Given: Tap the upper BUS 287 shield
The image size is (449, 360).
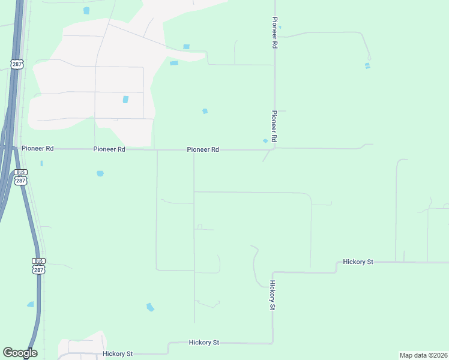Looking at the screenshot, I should pos(21,176).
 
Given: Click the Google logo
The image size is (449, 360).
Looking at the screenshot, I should pos(20,352).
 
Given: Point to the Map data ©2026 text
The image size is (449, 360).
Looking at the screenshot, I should pos(423,355).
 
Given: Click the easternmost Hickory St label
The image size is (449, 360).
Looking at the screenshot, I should pos(358,262).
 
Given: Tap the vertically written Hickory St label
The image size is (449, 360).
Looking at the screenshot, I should pos(273,295).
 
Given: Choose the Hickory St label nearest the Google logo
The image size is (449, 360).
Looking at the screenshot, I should pos(118,354).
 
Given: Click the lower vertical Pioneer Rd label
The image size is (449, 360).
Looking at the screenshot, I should pos(274,126).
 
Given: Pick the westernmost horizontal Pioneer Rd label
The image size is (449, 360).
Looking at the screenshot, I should pos(37,148).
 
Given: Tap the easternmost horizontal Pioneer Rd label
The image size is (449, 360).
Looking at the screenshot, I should pos(202,149).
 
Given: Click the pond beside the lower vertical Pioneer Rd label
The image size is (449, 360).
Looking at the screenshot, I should pos(265,141).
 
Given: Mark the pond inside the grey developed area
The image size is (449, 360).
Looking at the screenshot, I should pos(125,99).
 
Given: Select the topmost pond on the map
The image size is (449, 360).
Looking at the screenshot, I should pos(86,11).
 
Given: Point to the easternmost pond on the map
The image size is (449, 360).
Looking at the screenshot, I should pos(367,65).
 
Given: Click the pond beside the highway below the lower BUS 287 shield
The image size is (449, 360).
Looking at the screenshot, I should pos(31,305).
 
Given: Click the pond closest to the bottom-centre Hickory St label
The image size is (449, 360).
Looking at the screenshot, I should pos(150,307).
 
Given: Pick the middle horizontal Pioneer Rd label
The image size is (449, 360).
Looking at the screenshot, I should pos(109,149).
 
